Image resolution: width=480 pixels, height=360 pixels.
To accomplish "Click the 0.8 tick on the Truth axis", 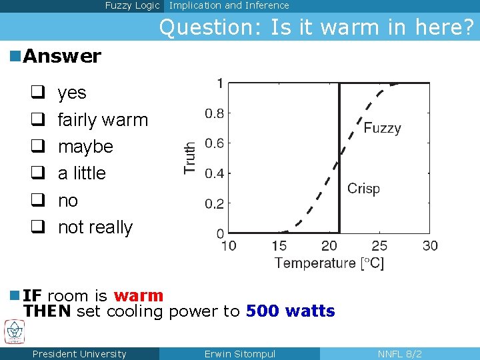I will pyautogui.click(x=214, y=113).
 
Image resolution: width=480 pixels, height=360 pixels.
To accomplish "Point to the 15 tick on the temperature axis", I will pyautogui.click(x=279, y=246).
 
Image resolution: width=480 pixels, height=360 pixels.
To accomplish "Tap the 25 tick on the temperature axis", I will pyautogui.click(x=379, y=246).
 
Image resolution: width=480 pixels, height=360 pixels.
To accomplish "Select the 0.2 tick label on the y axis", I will pyautogui.click(x=214, y=204).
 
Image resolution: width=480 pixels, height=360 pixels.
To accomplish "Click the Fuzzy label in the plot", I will pyautogui.click(x=382, y=128).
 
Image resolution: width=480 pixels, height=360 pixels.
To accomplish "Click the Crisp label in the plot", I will pyautogui.click(x=363, y=189).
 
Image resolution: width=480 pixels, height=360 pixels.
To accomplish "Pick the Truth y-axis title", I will pyautogui.click(x=191, y=158).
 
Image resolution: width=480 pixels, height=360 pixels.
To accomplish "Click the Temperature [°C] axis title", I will pyautogui.click(x=329, y=263).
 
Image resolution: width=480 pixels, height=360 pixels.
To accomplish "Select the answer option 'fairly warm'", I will pyautogui.click(x=103, y=120).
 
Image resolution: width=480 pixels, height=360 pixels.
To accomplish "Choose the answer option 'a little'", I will pyautogui.click(x=82, y=173).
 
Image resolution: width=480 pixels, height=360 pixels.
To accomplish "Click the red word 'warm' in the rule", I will pyautogui.click(x=138, y=295).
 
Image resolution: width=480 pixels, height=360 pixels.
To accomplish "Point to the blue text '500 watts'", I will pyautogui.click(x=290, y=311).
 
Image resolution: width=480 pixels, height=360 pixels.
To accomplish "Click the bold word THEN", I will pyautogui.click(x=47, y=311).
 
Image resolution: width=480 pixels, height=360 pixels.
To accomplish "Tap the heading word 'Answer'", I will pyautogui.click(x=62, y=57).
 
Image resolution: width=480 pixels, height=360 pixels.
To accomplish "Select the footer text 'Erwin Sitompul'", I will pyautogui.click(x=239, y=354).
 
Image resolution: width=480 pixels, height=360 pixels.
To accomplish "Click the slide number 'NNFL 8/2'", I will pyautogui.click(x=399, y=354).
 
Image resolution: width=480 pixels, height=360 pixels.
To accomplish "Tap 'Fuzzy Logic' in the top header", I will pyautogui.click(x=132, y=5).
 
